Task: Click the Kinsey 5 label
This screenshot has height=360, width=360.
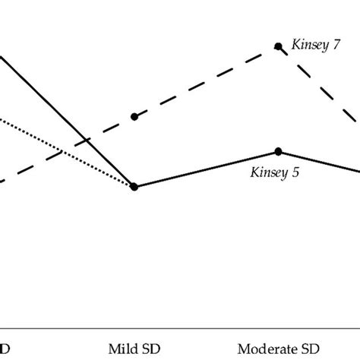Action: click(275, 172)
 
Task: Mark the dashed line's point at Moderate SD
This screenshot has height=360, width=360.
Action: click(279, 47)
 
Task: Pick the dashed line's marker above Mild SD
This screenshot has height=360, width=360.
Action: click(134, 117)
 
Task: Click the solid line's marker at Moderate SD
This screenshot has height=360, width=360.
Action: click(279, 151)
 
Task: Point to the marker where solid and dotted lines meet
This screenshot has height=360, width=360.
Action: click(134, 187)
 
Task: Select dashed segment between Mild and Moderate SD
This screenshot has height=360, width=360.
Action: click(205, 83)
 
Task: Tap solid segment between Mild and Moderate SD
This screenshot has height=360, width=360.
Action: click(205, 169)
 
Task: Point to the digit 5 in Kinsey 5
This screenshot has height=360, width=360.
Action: click(296, 172)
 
